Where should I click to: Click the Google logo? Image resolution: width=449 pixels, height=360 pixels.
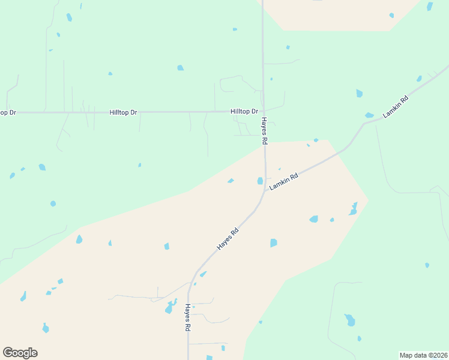[20, 353]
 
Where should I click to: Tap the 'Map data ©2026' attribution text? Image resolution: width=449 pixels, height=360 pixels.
[423, 355]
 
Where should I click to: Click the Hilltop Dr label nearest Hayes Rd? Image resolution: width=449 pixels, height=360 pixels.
[244, 112]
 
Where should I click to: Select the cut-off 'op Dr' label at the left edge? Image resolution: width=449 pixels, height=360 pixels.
[7, 112]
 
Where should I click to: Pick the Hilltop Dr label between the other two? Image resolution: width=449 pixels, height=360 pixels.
[123, 112]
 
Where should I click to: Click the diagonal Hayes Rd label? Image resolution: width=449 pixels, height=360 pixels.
[228, 239]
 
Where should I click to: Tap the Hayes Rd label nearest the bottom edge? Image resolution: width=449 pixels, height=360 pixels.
[187, 318]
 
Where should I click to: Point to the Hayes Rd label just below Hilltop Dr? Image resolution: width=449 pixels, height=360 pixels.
[264, 130]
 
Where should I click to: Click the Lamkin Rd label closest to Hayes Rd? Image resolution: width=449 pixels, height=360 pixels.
[284, 182]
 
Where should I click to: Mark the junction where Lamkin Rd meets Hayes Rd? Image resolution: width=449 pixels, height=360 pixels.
[265, 190]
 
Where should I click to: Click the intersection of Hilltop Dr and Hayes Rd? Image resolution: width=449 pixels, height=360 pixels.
[263, 112]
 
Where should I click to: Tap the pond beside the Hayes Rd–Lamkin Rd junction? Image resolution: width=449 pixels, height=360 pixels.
[260, 181]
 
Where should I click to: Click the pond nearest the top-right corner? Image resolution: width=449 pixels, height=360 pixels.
[430, 7]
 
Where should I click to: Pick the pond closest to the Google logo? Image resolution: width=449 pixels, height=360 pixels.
[45, 328]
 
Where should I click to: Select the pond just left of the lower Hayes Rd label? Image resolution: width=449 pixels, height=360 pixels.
[170, 308]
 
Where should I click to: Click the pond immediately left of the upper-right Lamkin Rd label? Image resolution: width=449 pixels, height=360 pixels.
[369, 115]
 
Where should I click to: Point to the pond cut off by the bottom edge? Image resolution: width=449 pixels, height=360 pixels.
[209, 358]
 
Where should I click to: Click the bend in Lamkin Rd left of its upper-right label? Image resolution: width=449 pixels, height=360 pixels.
[363, 125]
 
